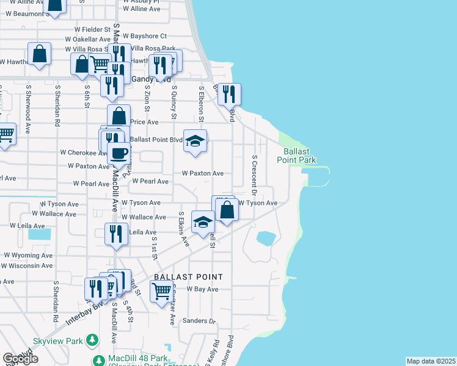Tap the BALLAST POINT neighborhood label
tap(188, 276)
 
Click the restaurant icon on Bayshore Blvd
tap(229, 94)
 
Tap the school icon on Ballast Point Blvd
tap(195, 141)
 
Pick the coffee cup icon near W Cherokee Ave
tap(119, 152)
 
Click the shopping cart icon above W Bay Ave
tap(161, 292)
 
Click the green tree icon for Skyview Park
tap(92, 339)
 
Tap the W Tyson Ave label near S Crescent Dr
tap(258, 203)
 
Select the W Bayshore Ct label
tap(147, 36)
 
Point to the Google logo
tap(20, 359)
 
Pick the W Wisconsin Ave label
tap(29, 266)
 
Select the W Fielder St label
tap(89, 29)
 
